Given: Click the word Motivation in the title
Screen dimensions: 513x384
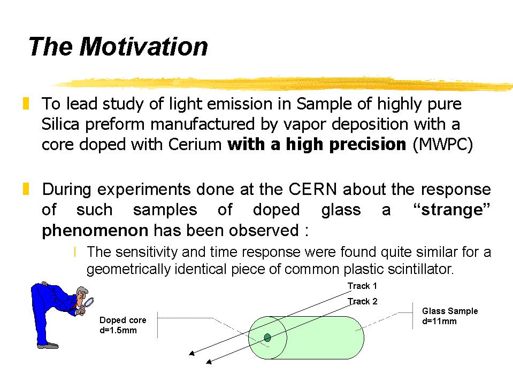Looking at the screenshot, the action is tap(143, 46).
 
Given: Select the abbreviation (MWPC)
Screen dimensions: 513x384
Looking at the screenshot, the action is tap(443, 145).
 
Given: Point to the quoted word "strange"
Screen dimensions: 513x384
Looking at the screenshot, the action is tap(452, 210).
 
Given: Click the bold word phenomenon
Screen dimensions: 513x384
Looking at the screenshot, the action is tap(95, 231).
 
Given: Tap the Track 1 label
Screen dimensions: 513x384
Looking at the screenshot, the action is tap(362, 286).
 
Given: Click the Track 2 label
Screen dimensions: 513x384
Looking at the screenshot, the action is tap(363, 301).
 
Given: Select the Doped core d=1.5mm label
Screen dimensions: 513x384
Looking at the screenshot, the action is tap(122, 325).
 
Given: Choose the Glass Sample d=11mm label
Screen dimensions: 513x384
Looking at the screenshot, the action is tap(450, 316).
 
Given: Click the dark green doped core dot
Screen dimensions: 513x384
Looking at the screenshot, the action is tap(267, 338).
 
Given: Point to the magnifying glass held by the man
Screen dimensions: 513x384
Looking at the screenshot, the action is tap(88, 303).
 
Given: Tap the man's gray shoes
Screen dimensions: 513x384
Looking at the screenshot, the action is tap(48, 345).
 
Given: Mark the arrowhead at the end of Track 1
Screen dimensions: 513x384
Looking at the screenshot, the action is tap(192, 353).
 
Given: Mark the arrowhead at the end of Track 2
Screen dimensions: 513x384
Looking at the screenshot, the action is tap(209, 362).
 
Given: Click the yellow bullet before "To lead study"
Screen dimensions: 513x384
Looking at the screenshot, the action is tap(26, 103).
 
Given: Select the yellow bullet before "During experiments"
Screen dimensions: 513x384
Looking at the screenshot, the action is tap(26, 189).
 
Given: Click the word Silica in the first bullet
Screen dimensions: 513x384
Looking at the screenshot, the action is tap(60, 124).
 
